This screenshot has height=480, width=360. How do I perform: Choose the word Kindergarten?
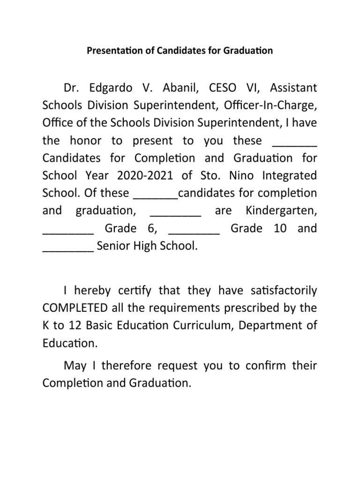281,211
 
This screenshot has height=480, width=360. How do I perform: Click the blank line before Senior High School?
68,248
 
